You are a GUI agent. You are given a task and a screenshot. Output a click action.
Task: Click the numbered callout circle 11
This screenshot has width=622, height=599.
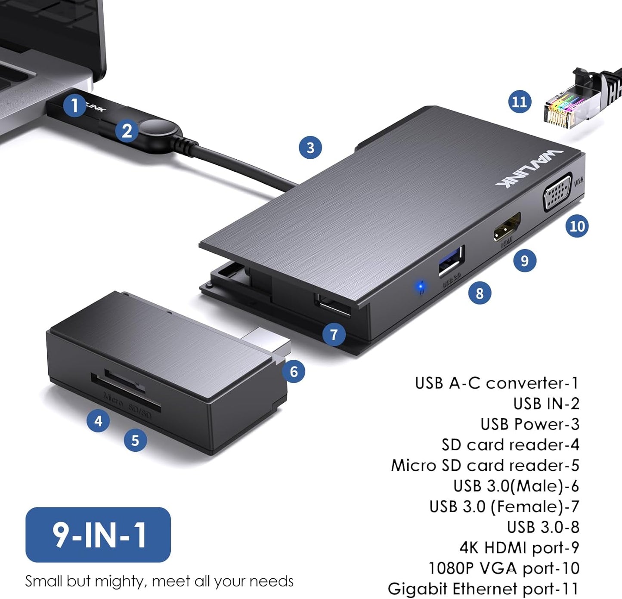click(x=520, y=102)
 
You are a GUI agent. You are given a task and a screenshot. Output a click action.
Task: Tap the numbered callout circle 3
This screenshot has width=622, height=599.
click(x=310, y=148)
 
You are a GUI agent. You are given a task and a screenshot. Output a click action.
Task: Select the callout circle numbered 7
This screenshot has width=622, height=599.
click(x=334, y=334)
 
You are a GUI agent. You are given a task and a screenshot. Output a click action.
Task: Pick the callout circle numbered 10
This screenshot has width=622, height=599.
click(x=577, y=226)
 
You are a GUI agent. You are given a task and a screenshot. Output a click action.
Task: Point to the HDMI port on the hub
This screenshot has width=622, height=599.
click(x=507, y=227)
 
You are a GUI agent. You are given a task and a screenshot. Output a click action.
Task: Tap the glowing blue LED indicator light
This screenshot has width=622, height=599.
click(x=421, y=287)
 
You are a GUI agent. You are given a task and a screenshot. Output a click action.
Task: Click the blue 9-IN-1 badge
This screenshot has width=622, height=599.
click(x=98, y=534)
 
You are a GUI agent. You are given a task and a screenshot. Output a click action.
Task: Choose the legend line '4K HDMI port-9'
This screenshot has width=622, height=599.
click(x=519, y=548)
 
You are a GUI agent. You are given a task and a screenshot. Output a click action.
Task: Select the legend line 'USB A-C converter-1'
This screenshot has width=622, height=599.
click(x=497, y=383)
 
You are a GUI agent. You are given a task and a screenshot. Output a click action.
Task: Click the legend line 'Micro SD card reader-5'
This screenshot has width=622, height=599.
click(x=485, y=466)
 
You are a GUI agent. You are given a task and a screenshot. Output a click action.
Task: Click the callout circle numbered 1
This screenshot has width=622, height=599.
click(x=74, y=105)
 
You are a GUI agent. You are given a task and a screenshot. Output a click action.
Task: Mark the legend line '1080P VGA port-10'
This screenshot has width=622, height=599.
click(x=504, y=568)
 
